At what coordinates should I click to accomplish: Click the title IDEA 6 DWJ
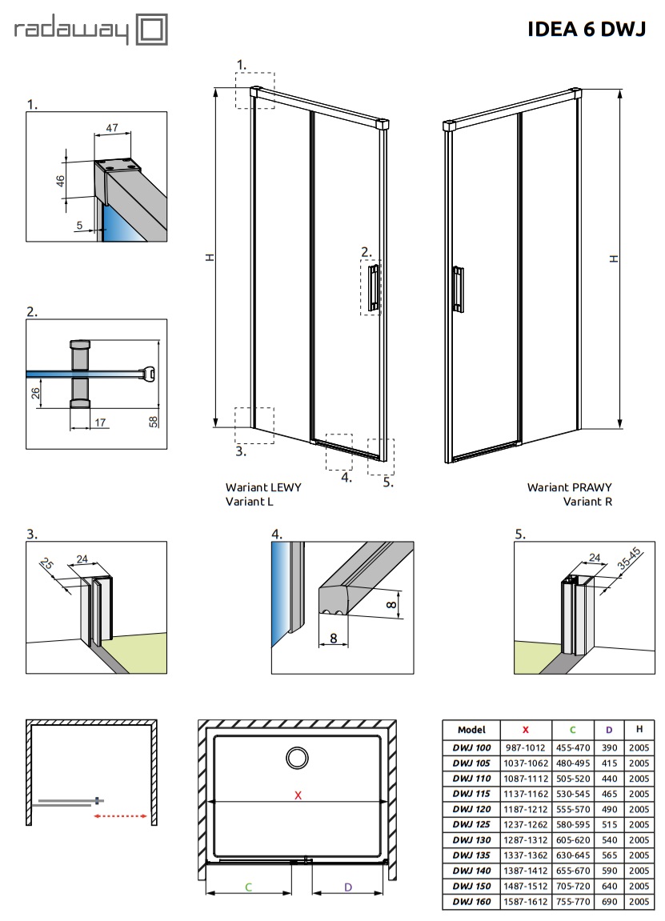point(585,30)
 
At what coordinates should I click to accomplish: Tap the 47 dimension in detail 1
point(112,128)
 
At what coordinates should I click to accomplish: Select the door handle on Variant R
point(457,288)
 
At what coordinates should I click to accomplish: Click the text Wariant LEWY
point(263,487)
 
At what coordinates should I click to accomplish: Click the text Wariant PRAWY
point(569,487)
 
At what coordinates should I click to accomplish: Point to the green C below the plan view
point(248,887)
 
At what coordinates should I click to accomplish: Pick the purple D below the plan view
point(348,887)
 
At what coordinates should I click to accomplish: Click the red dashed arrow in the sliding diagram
point(120,817)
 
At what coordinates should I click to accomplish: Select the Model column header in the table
point(471,730)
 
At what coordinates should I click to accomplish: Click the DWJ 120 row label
point(471,809)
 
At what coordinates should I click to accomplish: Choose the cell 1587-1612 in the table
point(525,902)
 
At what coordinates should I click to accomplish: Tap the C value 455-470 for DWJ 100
point(572,747)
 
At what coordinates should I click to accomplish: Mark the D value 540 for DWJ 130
point(609,840)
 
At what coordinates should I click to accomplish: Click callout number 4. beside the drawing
point(346,478)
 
